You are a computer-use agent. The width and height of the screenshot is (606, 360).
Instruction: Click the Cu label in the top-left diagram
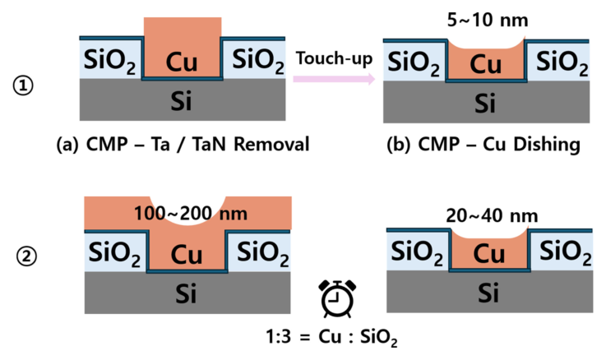point(182,62)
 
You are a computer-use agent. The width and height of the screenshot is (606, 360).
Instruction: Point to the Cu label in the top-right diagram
point(487,63)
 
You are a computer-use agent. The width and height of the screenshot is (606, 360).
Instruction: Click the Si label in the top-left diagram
point(182,101)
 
